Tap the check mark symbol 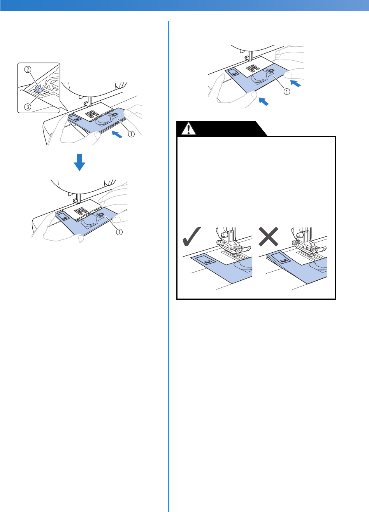(x=192, y=236)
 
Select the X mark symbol (x=268, y=236)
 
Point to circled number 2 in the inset (x=27, y=70)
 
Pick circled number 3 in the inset (x=28, y=107)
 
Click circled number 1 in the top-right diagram (x=286, y=92)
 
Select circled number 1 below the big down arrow (x=119, y=232)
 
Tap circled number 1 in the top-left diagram (x=131, y=134)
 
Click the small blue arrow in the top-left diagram (x=117, y=135)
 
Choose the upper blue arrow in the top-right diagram (x=296, y=83)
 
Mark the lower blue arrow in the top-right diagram (x=264, y=101)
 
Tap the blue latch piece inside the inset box (x=39, y=89)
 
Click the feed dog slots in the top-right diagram (x=254, y=67)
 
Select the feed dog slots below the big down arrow (x=80, y=211)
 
